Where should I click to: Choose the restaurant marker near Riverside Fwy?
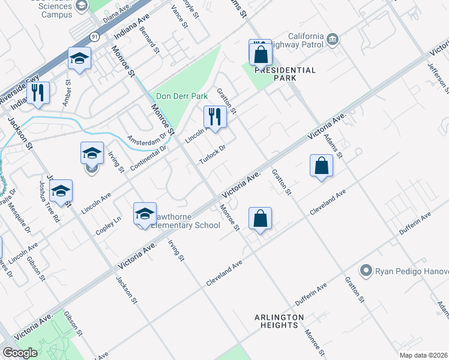pyautogui.click(x=38, y=93)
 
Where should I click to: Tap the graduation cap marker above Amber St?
pyautogui.click(x=79, y=59)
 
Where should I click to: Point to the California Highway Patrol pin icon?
pyautogui.click(x=333, y=40)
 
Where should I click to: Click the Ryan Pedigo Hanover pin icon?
pyautogui.click(x=365, y=271)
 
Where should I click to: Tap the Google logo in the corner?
pyautogui.click(x=20, y=353)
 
